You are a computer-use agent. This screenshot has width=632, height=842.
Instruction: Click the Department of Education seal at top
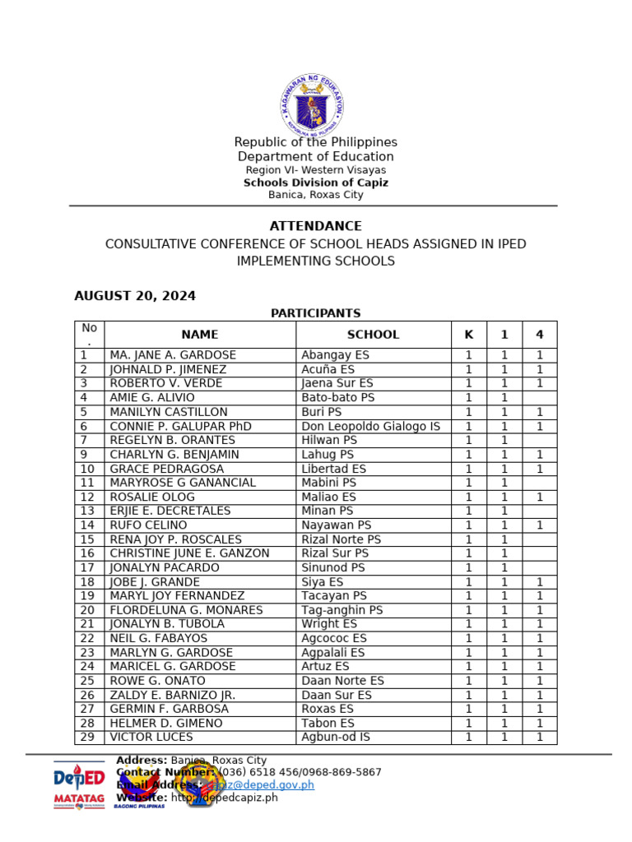point(311,106)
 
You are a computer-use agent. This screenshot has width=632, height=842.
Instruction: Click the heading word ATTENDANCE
point(315,226)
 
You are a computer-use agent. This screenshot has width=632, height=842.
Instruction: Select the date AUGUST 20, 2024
point(135,296)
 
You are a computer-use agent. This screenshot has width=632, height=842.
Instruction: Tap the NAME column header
point(199,335)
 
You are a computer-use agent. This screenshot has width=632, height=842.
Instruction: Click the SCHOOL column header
point(373,335)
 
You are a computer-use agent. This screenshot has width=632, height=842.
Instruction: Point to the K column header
point(468,335)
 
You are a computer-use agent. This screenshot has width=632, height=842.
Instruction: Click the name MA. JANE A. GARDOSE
point(173,355)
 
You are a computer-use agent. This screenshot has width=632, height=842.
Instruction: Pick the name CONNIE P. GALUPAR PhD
point(180,426)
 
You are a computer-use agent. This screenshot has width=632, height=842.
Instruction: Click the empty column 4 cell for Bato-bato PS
point(539,398)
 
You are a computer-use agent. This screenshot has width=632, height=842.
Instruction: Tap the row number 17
point(88,567)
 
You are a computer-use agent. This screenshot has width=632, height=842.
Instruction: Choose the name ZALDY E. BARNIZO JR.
point(173,695)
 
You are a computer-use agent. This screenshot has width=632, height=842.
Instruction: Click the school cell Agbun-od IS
point(336,738)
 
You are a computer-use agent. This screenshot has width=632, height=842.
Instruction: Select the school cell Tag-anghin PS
point(342,610)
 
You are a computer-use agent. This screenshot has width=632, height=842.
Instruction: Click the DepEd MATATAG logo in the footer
point(79,785)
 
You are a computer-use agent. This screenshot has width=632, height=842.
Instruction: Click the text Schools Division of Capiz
point(315,183)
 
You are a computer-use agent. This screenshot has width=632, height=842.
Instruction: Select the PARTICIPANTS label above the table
point(315,313)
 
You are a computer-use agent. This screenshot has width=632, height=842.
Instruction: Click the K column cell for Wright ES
point(468,624)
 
